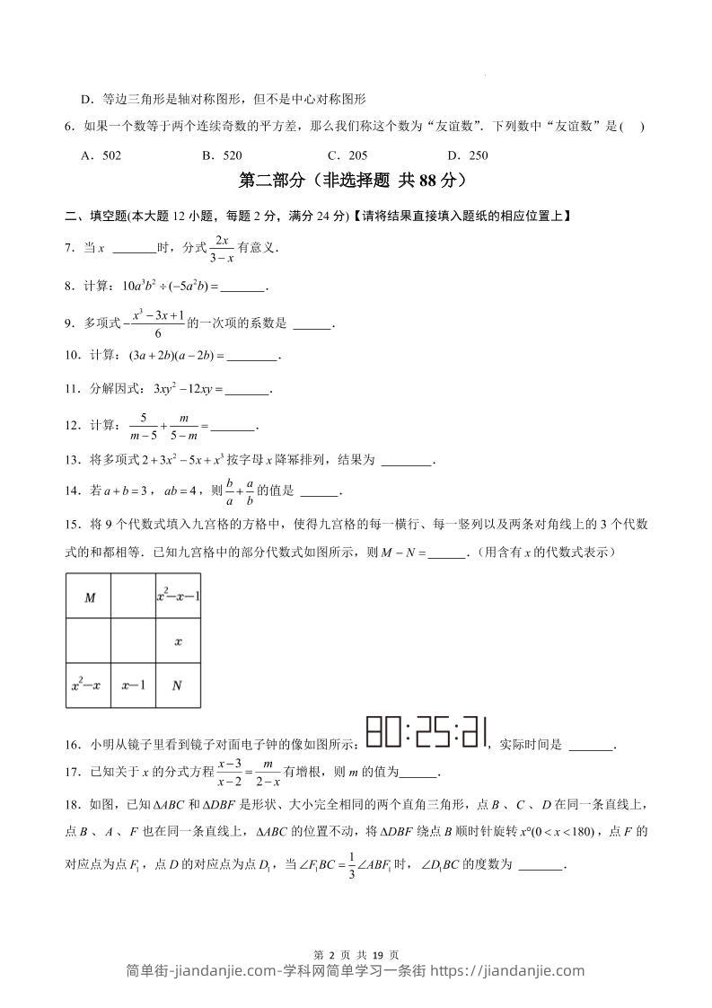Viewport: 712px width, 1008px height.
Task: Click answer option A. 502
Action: (101, 155)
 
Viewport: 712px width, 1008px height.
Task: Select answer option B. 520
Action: (222, 155)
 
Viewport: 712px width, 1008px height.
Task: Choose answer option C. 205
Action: (347, 155)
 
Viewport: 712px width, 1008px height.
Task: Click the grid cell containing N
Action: (177, 685)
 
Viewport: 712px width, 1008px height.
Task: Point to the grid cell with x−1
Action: (133, 685)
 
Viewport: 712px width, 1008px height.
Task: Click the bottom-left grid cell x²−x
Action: (88, 685)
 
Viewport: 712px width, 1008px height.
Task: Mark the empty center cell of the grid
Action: (133, 641)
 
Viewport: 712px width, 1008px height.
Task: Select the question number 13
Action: (73, 460)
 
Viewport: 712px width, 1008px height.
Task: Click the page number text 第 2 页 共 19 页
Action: (356, 930)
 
